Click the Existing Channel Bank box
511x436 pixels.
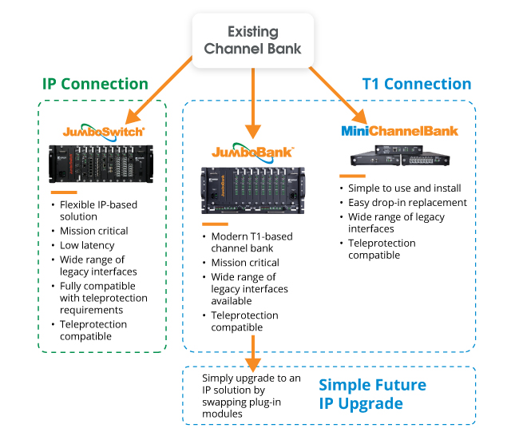(252, 40)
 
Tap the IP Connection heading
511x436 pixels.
(95, 84)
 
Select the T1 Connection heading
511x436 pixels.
(416, 84)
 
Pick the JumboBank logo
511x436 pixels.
(252, 151)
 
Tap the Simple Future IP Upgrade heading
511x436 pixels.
(372, 394)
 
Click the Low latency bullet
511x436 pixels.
(87, 245)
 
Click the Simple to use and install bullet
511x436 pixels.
(404, 188)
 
